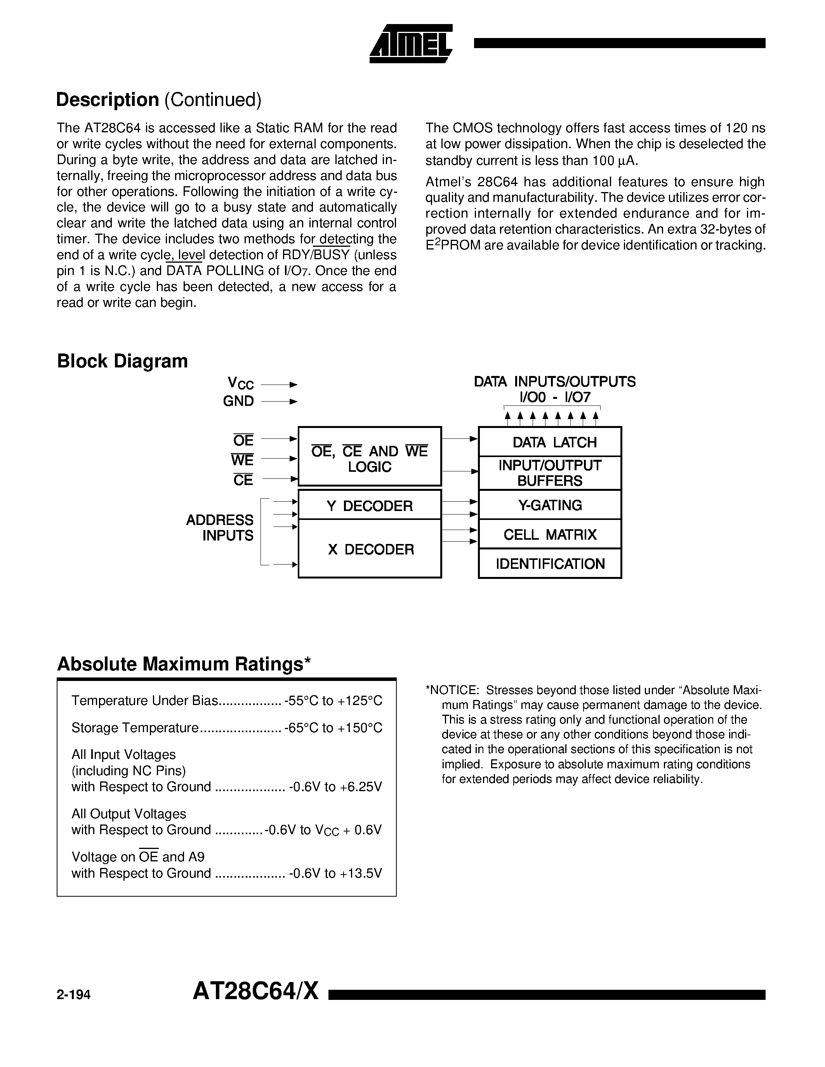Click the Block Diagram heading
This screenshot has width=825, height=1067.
[x=122, y=361]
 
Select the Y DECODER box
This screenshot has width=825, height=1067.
[x=370, y=505]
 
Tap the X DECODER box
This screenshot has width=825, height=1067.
[x=370, y=549]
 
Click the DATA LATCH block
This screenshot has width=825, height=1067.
[x=550, y=442]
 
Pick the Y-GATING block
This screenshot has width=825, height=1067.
[x=550, y=505]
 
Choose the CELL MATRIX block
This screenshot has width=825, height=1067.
[x=550, y=535]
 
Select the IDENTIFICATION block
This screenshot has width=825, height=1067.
[x=550, y=564]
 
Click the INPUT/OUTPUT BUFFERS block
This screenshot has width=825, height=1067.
[x=550, y=473]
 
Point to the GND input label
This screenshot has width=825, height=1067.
[x=238, y=401]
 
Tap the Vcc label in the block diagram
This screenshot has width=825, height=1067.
[x=240, y=383]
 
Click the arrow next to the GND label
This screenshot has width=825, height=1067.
[x=279, y=402]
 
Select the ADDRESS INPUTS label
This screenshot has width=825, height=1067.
[x=220, y=528]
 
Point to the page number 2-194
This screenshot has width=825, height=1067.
[x=74, y=995]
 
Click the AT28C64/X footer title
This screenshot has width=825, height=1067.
[x=255, y=992]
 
